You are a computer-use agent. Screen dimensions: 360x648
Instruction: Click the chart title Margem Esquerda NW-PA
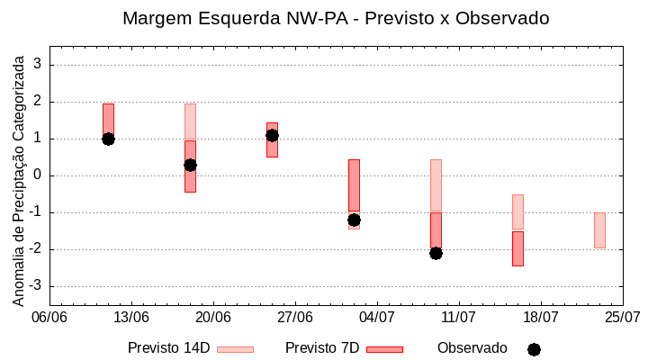[336, 18]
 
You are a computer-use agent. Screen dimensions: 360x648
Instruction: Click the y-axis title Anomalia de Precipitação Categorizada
[19, 177]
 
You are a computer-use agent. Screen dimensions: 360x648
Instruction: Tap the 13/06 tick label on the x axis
[131, 317]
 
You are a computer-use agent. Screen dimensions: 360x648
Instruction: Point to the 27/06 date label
[294, 317]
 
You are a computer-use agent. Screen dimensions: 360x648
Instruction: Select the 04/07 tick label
[377, 317]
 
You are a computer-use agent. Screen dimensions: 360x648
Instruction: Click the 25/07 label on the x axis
[622, 317]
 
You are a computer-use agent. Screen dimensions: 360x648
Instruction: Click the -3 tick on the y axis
[36, 286]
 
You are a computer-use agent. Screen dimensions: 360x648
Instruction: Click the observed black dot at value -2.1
[436, 253]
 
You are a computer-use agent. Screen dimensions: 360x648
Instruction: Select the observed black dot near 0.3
[190, 165]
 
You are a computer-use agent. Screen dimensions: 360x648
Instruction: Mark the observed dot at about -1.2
[354, 220]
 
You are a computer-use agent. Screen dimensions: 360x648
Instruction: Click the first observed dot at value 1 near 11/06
[108, 139]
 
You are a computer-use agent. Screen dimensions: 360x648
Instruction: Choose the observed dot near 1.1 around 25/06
[272, 135]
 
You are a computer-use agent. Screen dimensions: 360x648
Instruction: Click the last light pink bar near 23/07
[599, 230]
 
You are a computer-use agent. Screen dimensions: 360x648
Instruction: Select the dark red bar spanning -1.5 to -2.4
[517, 248]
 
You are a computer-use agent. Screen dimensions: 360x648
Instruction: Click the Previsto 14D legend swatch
[235, 349]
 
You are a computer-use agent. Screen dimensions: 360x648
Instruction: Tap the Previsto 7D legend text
[322, 348]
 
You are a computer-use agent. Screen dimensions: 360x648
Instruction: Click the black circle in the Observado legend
[534, 349]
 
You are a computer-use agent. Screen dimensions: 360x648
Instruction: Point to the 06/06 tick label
[49, 317]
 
